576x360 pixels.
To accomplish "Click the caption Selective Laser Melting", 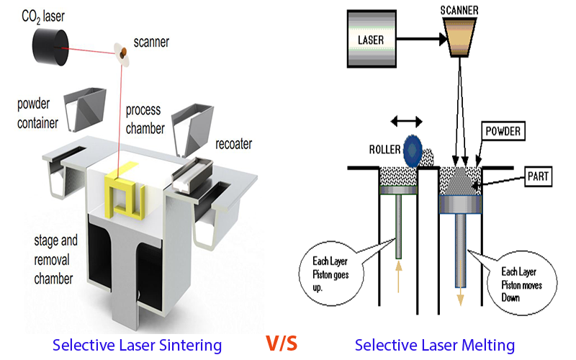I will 435,346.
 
